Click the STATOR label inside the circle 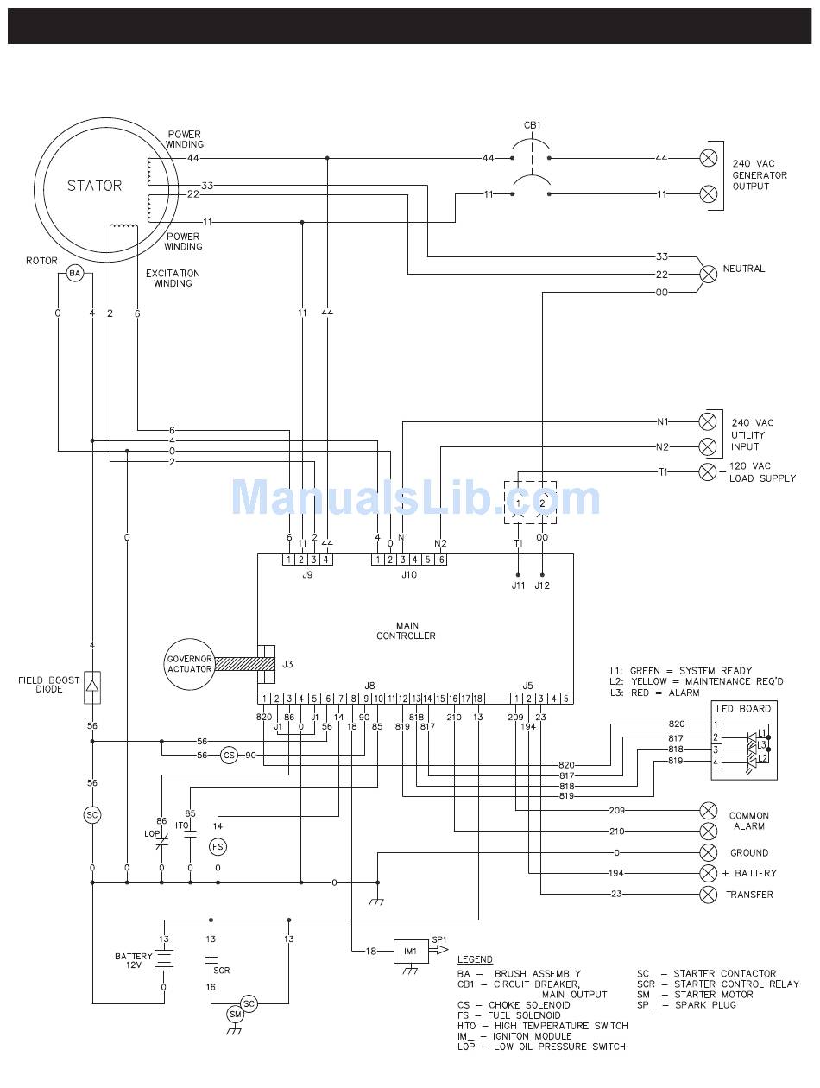(x=94, y=186)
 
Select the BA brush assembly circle (x=74, y=274)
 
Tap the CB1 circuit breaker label (x=533, y=125)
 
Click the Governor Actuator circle (x=189, y=664)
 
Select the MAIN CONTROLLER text (x=406, y=630)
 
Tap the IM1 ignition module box (x=411, y=951)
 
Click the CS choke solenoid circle (x=229, y=755)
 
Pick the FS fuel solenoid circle (x=218, y=847)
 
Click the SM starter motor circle (x=235, y=1014)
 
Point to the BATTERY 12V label (x=133, y=961)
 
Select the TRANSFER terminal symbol (x=708, y=895)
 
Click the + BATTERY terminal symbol (x=708, y=873)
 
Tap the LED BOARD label (x=742, y=708)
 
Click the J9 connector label (x=307, y=573)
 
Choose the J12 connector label (x=542, y=585)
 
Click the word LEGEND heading (x=475, y=959)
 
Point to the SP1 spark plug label (x=439, y=939)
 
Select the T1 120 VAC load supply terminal (x=708, y=471)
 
